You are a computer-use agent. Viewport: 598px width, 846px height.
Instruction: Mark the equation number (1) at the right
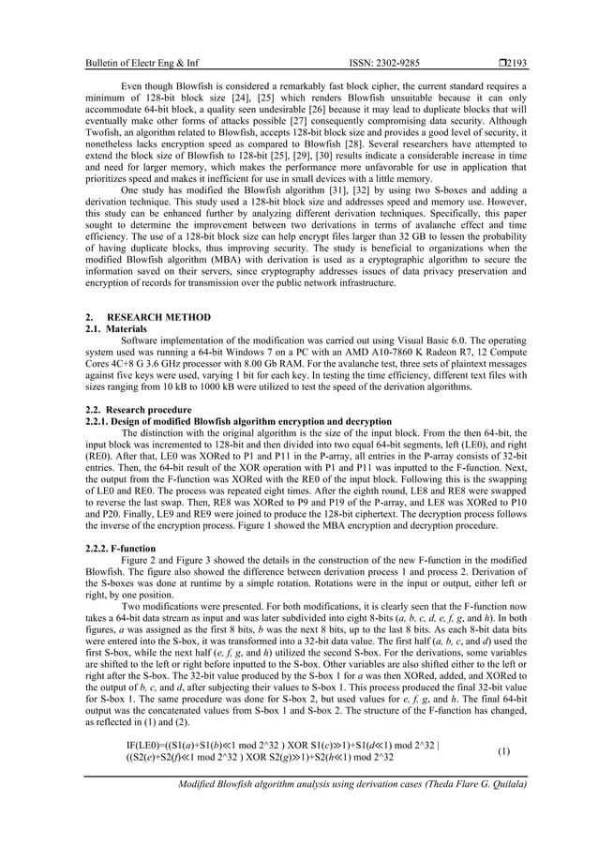(503, 751)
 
